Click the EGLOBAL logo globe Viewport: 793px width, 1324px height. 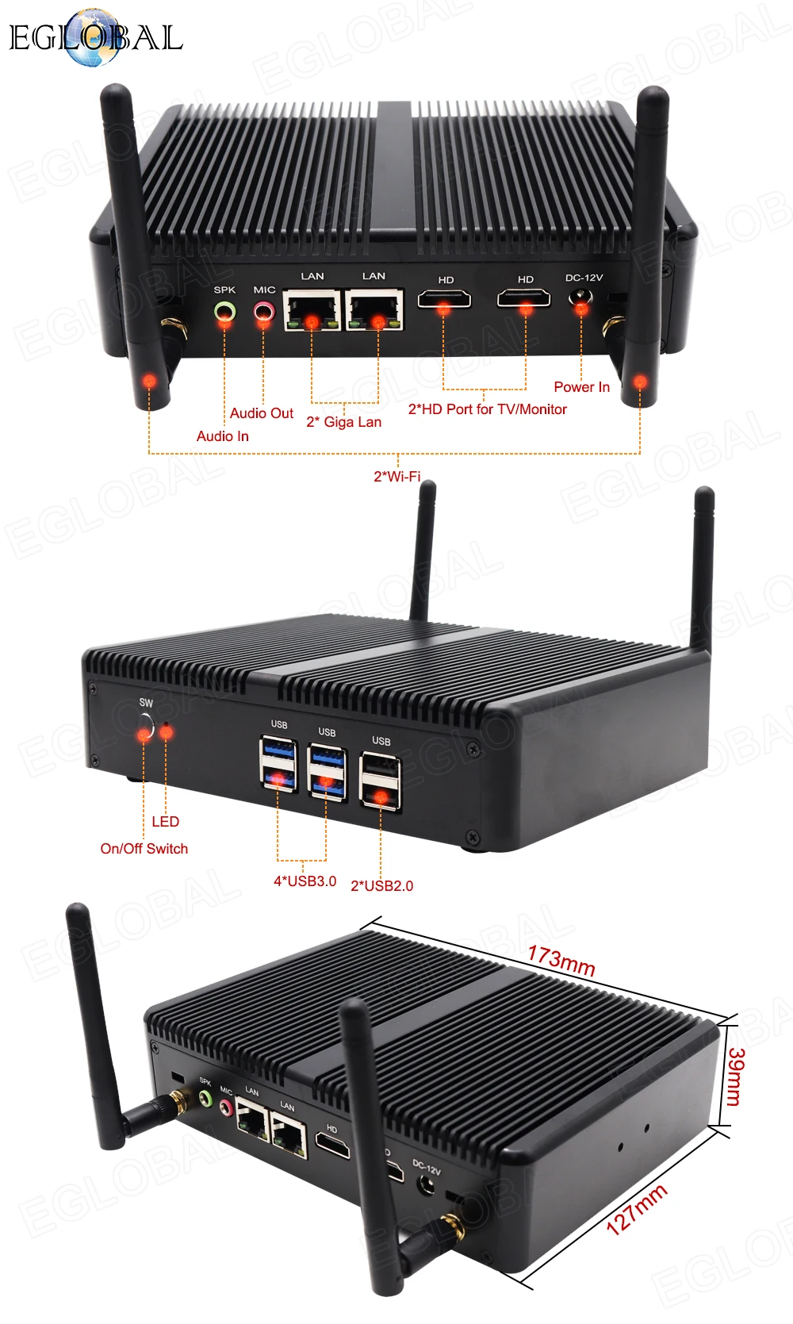click(94, 37)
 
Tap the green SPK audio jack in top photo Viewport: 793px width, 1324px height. click(225, 311)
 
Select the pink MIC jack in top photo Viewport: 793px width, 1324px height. click(263, 311)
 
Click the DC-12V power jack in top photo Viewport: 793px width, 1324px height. click(582, 300)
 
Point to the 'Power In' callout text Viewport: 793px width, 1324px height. click(581, 387)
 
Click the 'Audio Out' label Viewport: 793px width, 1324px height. click(261, 413)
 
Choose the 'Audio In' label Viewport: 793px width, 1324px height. click(222, 436)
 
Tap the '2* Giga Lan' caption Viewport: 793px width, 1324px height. click(343, 422)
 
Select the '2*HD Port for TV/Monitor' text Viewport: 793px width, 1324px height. click(487, 409)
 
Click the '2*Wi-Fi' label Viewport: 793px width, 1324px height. click(396, 476)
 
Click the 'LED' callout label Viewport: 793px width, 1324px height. click(165, 822)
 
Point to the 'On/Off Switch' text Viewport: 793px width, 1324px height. click(144, 849)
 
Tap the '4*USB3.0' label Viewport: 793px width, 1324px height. click(305, 881)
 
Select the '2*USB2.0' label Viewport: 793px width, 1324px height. click(381, 886)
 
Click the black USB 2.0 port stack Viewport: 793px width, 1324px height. click(381, 781)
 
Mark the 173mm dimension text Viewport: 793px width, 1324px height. click(561, 961)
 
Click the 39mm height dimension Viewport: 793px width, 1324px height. click(734, 1076)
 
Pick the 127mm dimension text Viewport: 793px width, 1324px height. click(636, 1210)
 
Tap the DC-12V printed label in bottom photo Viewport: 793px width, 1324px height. click(427, 1167)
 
